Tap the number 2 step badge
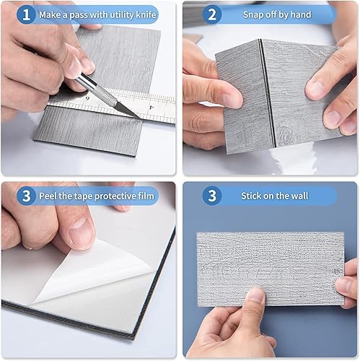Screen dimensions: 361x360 point(212,14)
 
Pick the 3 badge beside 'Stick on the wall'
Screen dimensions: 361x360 point(212,196)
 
